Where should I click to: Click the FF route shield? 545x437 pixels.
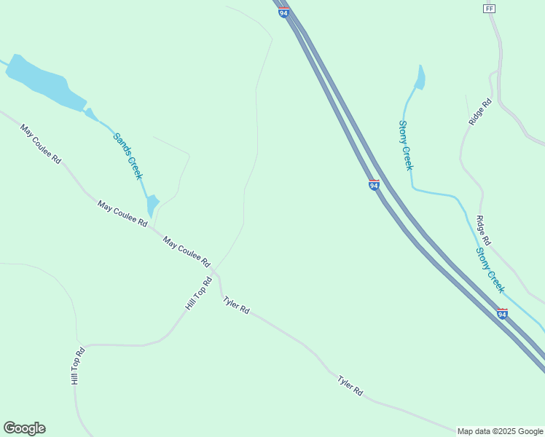point(489,8)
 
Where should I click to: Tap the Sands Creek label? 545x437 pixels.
point(128,156)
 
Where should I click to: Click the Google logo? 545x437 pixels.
point(24,428)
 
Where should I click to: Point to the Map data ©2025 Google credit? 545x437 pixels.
point(500,431)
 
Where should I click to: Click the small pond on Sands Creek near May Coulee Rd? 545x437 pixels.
point(152,205)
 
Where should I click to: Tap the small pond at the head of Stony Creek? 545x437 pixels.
point(420,77)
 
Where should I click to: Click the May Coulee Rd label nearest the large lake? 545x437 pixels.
point(41,144)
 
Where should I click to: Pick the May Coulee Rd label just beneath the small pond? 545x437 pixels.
point(122,213)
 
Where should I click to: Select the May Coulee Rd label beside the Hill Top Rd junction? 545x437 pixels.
point(187,251)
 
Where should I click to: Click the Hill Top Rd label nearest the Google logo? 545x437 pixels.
point(78,366)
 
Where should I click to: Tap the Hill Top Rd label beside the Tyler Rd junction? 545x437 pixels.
point(198,294)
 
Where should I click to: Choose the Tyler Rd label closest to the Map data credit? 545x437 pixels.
point(350,385)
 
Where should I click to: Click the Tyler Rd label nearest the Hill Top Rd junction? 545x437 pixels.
point(236,304)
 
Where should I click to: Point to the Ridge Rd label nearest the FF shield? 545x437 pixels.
point(480,112)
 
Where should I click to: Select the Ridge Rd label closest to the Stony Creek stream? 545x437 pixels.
point(483,230)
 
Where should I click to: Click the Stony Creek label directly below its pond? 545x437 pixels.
point(406,146)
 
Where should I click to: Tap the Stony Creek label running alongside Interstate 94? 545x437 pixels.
point(490,270)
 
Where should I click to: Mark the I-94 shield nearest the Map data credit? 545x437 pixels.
point(502,313)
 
